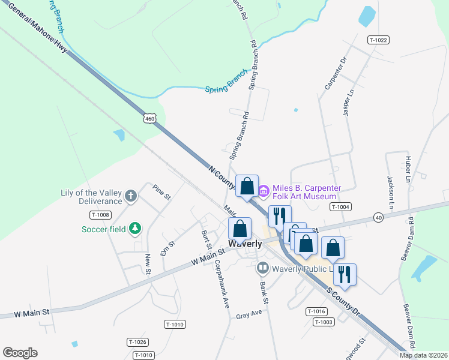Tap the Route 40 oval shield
pyautogui.click(x=378, y=217)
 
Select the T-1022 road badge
pyautogui.click(x=379, y=40)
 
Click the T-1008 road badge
pyautogui.click(x=101, y=214)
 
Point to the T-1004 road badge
pyautogui.click(x=340, y=206)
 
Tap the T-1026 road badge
pyautogui.click(x=137, y=341)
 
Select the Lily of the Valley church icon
pyautogui.click(x=130, y=196)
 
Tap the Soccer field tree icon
pyautogui.click(x=136, y=228)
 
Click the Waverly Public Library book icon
pyautogui.click(x=262, y=268)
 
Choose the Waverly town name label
pyautogui.click(x=244, y=244)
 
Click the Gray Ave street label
pyautogui.click(x=249, y=315)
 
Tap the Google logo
pyautogui.click(x=20, y=353)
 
